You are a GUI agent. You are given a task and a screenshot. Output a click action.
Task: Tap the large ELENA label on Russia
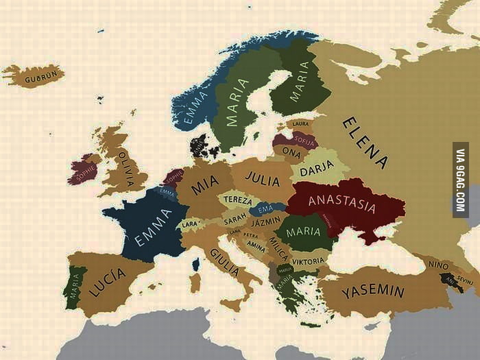(x=365, y=143)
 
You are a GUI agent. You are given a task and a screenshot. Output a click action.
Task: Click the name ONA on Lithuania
(x=291, y=153)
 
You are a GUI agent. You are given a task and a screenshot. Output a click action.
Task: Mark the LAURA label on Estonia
(x=300, y=123)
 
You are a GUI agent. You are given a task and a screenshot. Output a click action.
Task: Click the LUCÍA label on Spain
(x=108, y=282)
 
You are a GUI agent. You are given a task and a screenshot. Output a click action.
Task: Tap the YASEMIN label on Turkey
(x=373, y=291)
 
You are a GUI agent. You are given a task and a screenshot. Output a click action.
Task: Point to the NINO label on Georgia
(x=438, y=264)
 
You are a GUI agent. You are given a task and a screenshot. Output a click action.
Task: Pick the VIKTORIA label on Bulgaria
(x=308, y=261)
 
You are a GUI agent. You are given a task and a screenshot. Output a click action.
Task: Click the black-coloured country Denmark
(x=201, y=145)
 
